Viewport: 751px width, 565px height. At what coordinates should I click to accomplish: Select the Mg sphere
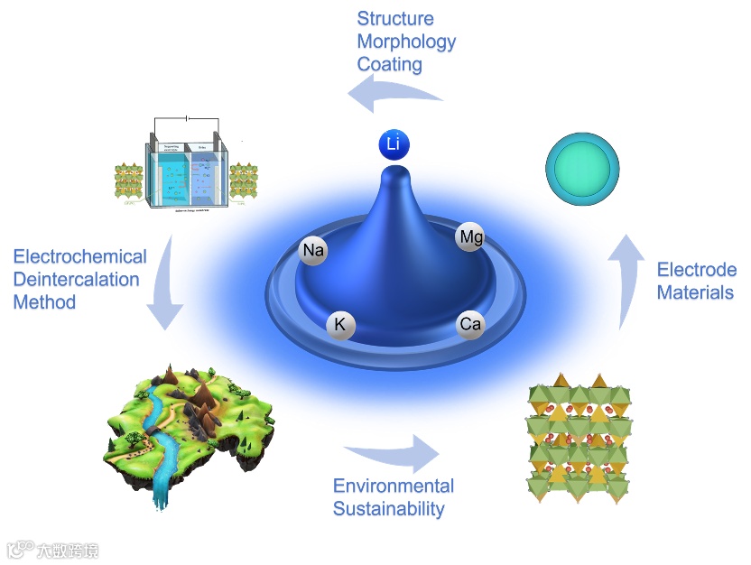point(470,237)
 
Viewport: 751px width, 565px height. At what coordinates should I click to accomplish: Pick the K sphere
point(341,325)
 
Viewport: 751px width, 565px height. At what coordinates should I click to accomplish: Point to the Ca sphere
point(470,323)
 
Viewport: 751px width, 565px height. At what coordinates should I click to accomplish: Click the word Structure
point(395,19)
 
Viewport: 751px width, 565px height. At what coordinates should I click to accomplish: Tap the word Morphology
point(406,42)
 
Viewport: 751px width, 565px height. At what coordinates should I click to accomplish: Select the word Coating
point(390,64)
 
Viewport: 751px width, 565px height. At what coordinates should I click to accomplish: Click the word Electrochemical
point(79,257)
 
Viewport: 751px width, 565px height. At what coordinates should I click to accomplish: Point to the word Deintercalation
point(77,279)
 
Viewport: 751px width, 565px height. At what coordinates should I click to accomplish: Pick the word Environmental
point(394,486)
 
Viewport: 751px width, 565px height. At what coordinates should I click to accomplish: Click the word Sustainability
point(389,508)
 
